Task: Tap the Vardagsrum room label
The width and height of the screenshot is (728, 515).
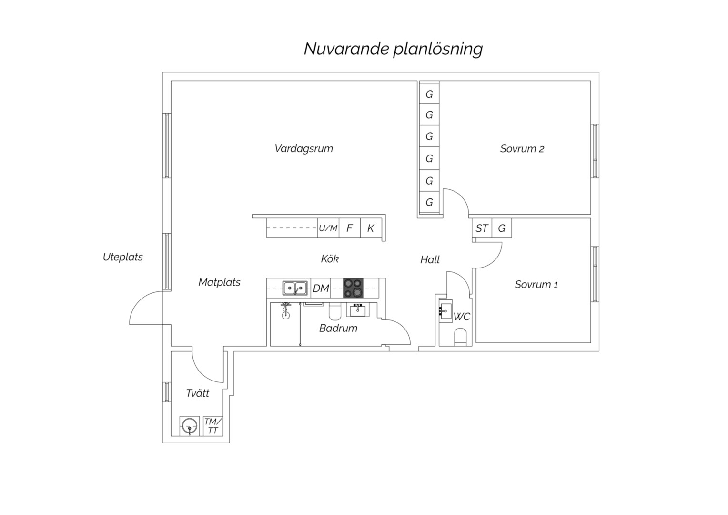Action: click(304, 149)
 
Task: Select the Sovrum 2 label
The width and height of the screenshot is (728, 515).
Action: click(522, 149)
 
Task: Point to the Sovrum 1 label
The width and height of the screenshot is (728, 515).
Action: click(536, 285)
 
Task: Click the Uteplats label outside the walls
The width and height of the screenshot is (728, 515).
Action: click(123, 257)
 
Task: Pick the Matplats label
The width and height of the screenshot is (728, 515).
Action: click(219, 282)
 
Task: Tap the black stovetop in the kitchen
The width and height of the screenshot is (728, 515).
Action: click(353, 288)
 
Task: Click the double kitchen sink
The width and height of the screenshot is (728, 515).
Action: click(295, 288)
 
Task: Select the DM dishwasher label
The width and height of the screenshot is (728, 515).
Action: click(321, 288)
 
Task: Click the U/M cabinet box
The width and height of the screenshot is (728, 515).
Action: click(328, 228)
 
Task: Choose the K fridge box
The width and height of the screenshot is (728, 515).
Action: click(371, 228)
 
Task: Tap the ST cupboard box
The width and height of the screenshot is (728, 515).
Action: click(482, 228)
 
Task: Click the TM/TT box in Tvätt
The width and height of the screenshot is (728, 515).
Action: click(213, 426)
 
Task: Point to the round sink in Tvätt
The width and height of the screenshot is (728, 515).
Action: click(190, 426)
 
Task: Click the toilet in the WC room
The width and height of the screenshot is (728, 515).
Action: click(460, 337)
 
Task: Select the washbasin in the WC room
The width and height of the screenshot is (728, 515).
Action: click(445, 311)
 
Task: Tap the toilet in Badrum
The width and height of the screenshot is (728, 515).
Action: click(334, 312)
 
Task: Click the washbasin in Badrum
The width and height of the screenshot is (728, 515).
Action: click(357, 310)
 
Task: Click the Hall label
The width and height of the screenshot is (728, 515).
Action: click(430, 259)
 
